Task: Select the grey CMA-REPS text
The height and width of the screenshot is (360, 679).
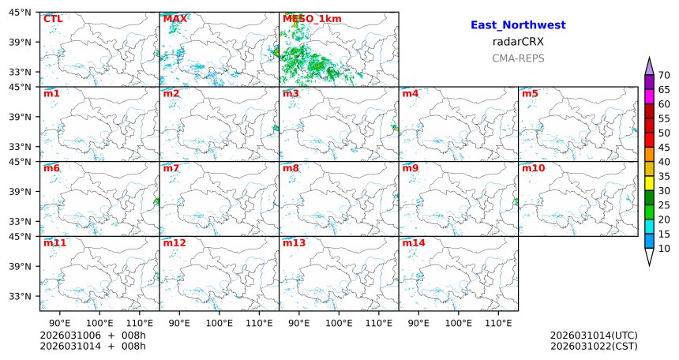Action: [518, 58]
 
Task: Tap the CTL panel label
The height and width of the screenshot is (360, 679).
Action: [52, 19]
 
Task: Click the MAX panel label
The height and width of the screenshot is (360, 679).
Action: [174, 19]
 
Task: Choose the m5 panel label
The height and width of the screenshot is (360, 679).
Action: [530, 94]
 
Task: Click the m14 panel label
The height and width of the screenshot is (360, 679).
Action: [413, 243]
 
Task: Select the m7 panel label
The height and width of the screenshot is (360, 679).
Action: [171, 168]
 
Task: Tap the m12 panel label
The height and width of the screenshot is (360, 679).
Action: [174, 243]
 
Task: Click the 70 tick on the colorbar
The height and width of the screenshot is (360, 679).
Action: [665, 75]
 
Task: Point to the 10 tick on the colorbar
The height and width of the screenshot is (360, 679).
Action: [665, 249]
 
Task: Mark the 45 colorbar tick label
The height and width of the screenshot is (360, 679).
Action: [665, 148]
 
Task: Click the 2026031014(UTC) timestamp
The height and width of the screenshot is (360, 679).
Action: [594, 336]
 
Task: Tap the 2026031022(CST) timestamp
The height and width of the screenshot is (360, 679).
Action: [594, 346]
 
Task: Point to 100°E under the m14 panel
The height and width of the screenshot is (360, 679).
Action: [458, 322]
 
